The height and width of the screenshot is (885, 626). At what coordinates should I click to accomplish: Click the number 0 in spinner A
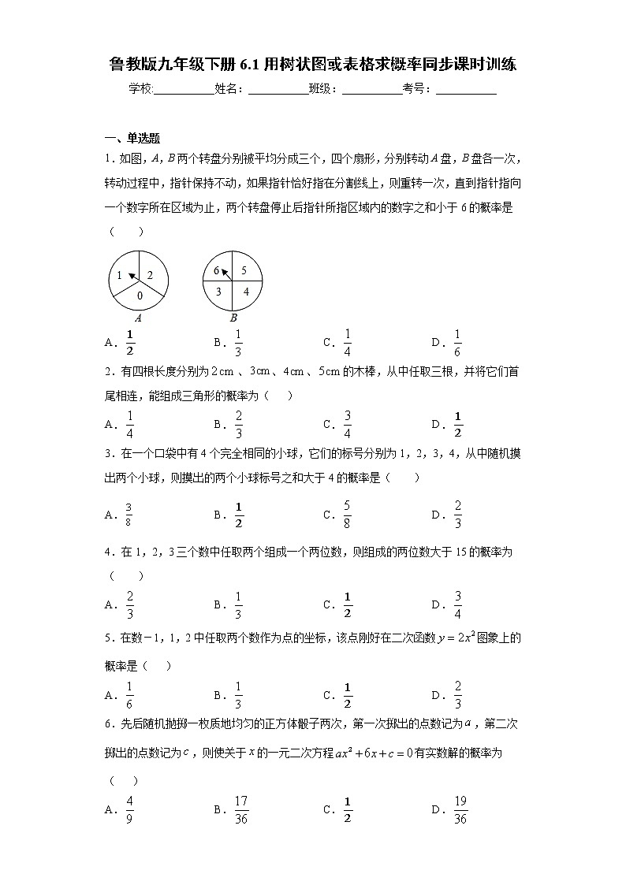pyautogui.click(x=139, y=296)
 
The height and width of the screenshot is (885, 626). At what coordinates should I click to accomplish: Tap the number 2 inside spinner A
pyautogui.click(x=150, y=275)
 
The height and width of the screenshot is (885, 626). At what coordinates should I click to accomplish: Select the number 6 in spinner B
pyautogui.click(x=217, y=270)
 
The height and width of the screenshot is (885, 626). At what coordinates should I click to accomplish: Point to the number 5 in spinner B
pyautogui.click(x=244, y=270)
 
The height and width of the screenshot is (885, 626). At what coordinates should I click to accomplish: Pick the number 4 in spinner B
pyautogui.click(x=245, y=292)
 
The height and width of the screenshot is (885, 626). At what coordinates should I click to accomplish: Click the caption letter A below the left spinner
pyautogui.click(x=139, y=318)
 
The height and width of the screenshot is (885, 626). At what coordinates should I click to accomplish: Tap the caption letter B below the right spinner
pyautogui.click(x=233, y=318)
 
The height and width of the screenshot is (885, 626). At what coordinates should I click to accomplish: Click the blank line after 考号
pyautogui.click(x=466, y=90)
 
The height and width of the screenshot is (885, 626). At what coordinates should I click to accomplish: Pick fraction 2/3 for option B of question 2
pyautogui.click(x=238, y=424)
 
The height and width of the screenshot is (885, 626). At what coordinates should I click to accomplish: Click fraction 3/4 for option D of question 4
pyautogui.click(x=457, y=604)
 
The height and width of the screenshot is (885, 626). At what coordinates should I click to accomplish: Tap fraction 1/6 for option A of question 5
pyautogui.click(x=129, y=694)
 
